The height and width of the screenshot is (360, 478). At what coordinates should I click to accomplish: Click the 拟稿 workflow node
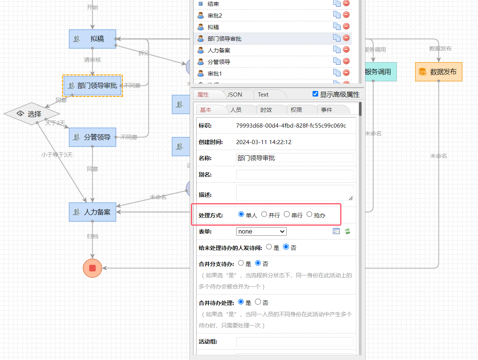click(x=92, y=39)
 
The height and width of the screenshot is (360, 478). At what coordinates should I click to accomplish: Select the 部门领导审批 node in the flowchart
click(x=92, y=86)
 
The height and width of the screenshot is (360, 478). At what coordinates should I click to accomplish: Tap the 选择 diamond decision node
click(x=31, y=114)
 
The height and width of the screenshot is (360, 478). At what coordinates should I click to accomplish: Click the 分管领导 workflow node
click(x=92, y=137)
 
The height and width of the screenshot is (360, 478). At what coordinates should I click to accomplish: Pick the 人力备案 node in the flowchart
click(x=92, y=212)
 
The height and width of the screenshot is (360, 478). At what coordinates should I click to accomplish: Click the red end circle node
click(x=92, y=268)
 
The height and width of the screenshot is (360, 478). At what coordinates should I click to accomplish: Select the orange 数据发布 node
click(x=439, y=72)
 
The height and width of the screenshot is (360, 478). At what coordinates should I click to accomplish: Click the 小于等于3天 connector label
click(x=57, y=155)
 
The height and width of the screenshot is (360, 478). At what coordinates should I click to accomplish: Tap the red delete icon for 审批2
click(x=346, y=15)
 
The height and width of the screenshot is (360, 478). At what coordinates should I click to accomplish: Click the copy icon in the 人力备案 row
click(x=337, y=49)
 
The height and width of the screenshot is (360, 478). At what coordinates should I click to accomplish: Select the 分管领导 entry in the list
click(x=219, y=62)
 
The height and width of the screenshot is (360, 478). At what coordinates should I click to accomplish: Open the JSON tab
click(x=235, y=95)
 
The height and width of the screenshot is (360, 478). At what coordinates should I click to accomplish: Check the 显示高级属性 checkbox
click(x=316, y=94)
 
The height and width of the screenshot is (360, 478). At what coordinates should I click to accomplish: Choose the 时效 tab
click(x=266, y=110)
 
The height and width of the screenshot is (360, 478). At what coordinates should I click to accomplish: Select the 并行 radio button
click(x=264, y=214)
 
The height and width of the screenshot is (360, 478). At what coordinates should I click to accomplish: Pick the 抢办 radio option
click(x=309, y=214)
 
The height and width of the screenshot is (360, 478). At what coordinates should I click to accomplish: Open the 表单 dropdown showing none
click(x=261, y=232)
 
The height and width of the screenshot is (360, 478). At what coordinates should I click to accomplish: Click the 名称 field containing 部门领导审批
click(x=295, y=158)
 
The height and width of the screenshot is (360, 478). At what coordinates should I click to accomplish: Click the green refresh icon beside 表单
click(x=348, y=231)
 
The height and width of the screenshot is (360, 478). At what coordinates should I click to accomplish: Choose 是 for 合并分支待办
click(x=241, y=263)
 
